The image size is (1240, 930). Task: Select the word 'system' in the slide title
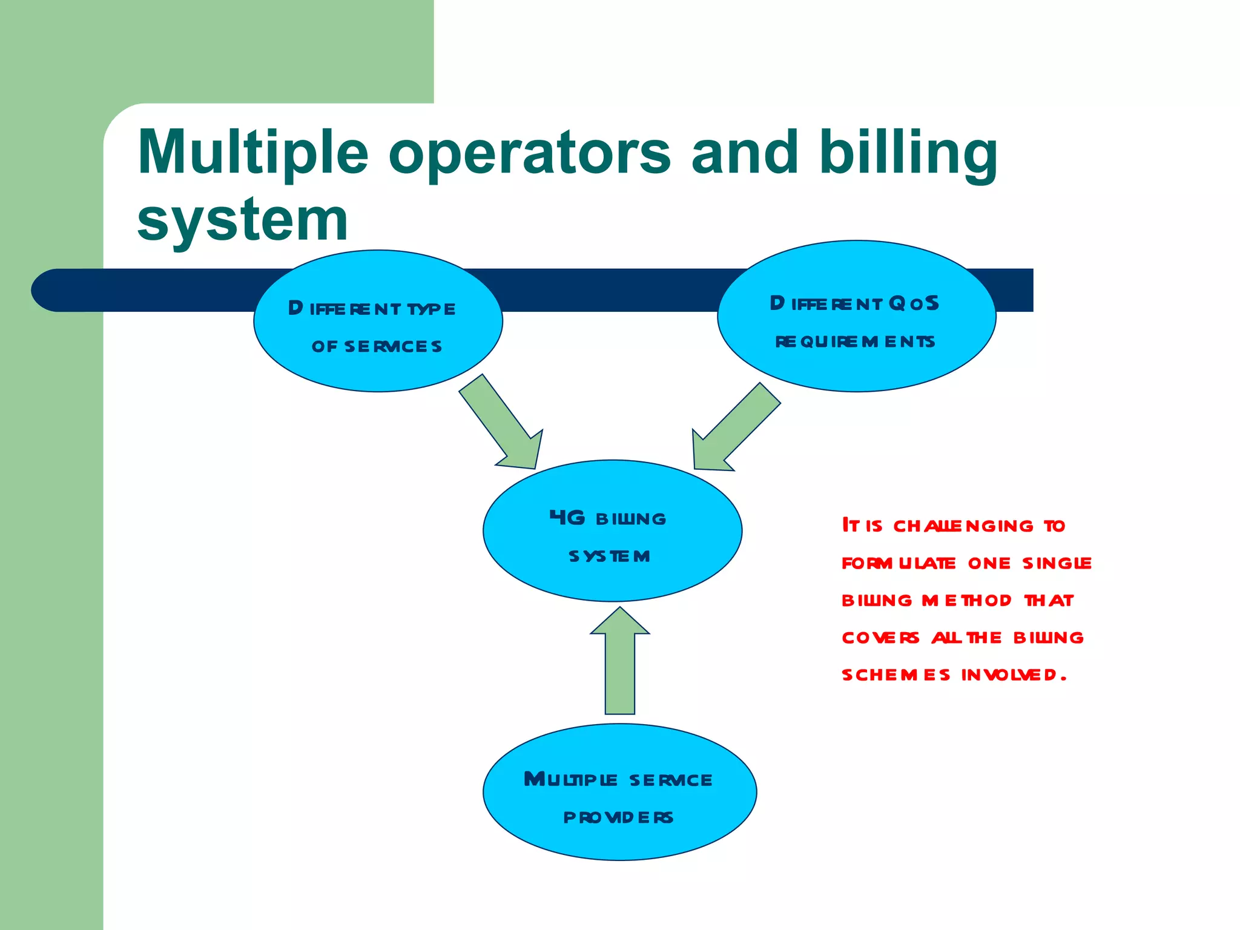[x=242, y=219]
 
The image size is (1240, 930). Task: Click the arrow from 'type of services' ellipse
[x=503, y=424]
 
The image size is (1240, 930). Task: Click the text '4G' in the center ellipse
[x=567, y=518]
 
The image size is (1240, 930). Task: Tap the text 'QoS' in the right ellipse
[x=914, y=303]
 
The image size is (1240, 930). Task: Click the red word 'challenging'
[x=963, y=526]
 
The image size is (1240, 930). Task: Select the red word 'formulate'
[x=899, y=563]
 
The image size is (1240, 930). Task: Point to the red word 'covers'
[x=880, y=638]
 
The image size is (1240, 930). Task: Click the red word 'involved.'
[x=1014, y=674]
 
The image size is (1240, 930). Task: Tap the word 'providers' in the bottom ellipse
[x=618, y=817]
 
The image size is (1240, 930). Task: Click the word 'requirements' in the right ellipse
[x=855, y=341]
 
